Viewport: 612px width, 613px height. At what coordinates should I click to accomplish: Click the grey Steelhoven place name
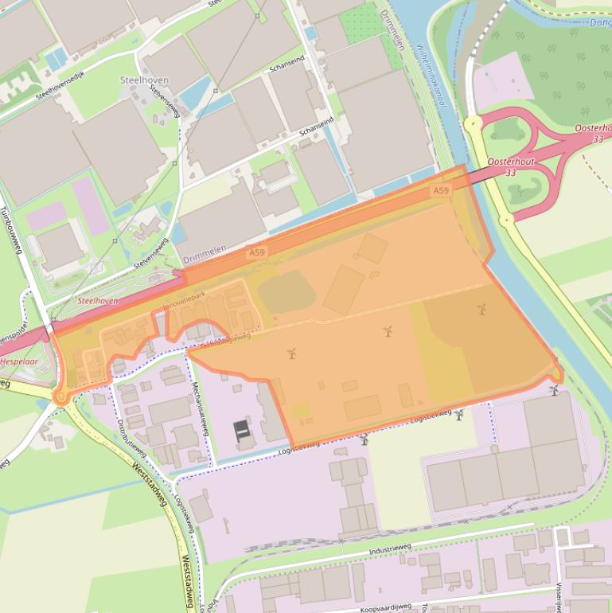click(141, 80)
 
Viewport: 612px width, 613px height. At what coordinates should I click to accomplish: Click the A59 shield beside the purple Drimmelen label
click(256, 253)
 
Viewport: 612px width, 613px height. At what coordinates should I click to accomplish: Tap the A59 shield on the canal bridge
click(441, 191)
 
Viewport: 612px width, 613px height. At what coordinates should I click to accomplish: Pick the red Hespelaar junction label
click(19, 361)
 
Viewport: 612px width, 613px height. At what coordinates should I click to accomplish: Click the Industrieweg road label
click(389, 550)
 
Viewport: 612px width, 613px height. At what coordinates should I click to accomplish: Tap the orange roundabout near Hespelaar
click(60, 396)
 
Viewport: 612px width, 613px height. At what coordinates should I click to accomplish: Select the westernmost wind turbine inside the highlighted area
click(292, 353)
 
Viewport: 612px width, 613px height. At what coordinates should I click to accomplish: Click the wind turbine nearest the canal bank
click(553, 390)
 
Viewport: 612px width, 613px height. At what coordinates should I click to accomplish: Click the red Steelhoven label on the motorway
click(98, 301)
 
